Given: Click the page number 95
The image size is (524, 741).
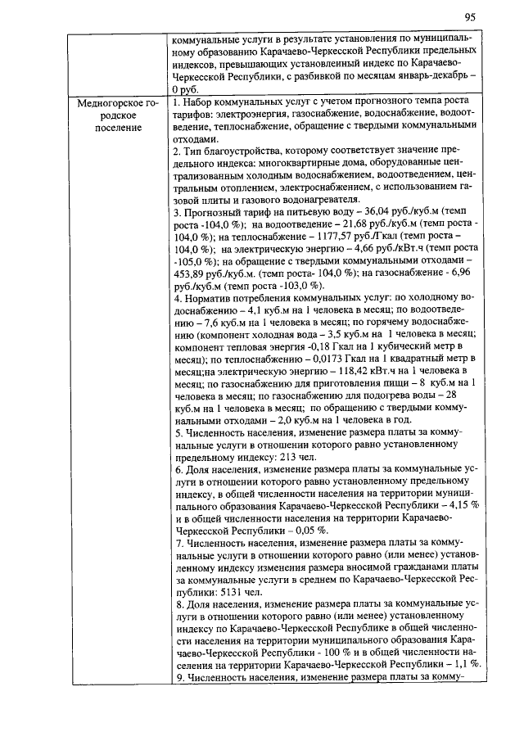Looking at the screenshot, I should point(470,17).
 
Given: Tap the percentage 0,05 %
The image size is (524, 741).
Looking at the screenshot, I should point(304,531).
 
